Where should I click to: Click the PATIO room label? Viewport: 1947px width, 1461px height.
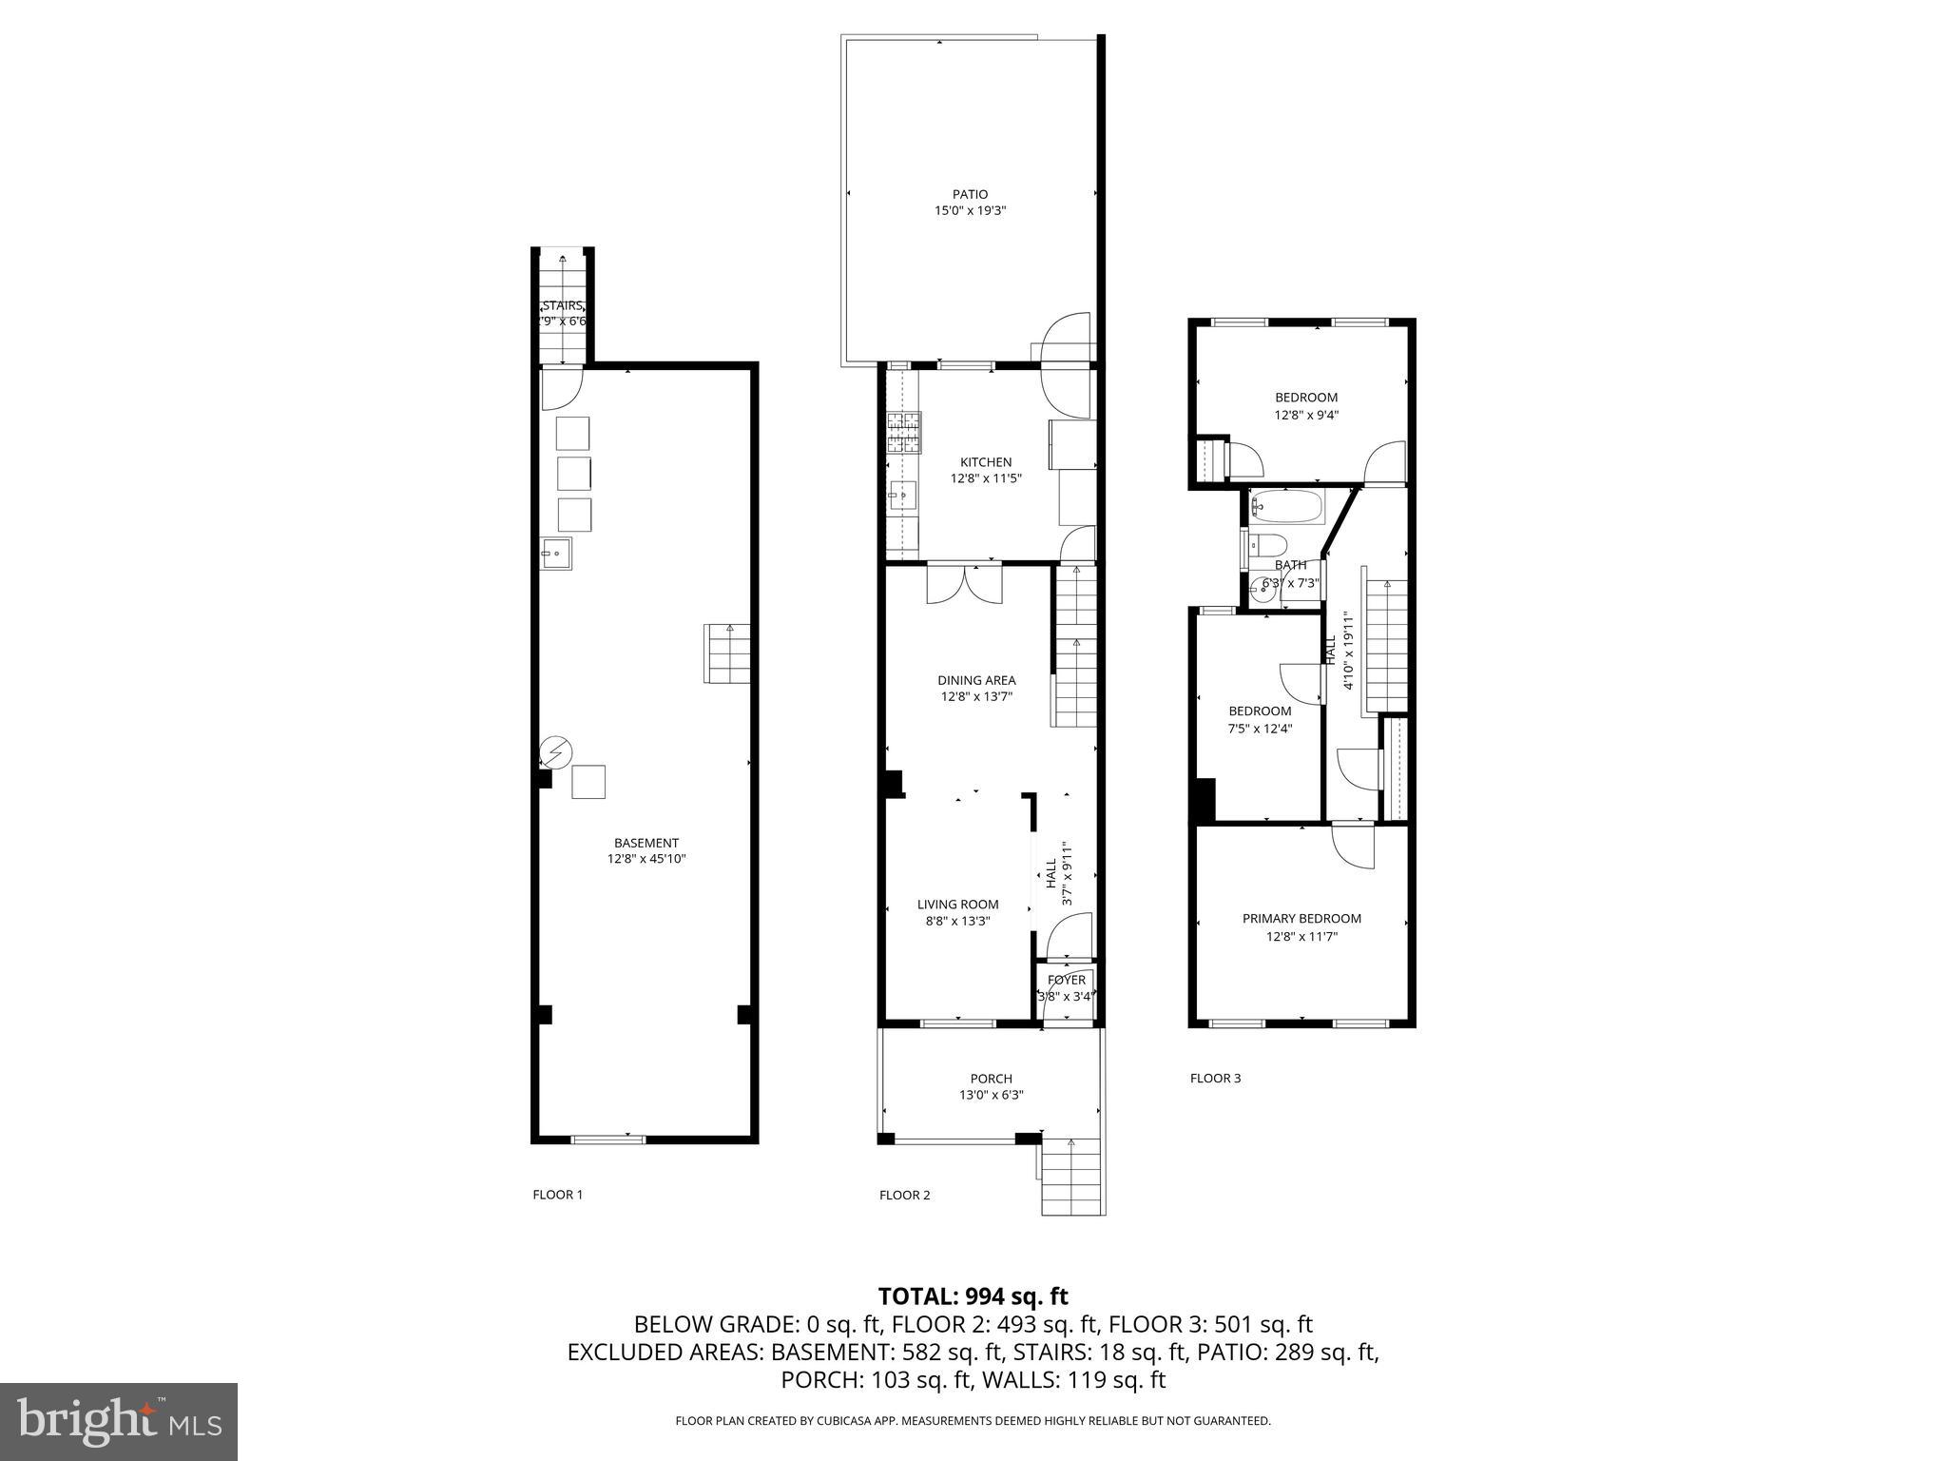(970, 194)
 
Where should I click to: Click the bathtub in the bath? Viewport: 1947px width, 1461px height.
(1286, 507)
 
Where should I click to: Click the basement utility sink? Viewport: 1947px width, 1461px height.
(556, 553)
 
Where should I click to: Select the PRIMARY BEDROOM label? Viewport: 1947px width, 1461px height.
(1301, 918)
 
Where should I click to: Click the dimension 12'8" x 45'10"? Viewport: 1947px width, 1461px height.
(646, 859)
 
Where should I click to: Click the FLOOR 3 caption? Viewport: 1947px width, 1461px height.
(1215, 1078)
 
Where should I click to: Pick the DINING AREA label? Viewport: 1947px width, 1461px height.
(976, 680)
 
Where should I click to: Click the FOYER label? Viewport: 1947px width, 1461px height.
(1066, 980)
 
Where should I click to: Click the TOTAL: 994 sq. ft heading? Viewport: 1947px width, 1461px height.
(973, 1295)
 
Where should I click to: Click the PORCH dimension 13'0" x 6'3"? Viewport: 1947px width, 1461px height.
(991, 1095)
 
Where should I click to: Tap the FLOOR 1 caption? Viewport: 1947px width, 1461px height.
(557, 1195)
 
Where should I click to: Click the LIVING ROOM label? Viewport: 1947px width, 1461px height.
(957, 905)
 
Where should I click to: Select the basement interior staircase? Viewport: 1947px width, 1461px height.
(727, 653)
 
